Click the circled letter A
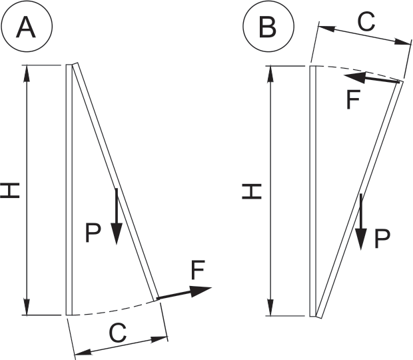(x=27, y=27)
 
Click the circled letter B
(x=268, y=27)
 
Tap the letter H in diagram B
(x=252, y=191)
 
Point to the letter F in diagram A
(x=197, y=270)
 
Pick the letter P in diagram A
(x=94, y=233)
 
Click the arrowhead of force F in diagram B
(x=352, y=77)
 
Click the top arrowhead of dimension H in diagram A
(x=27, y=73)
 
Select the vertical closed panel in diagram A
(x=69, y=189)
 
